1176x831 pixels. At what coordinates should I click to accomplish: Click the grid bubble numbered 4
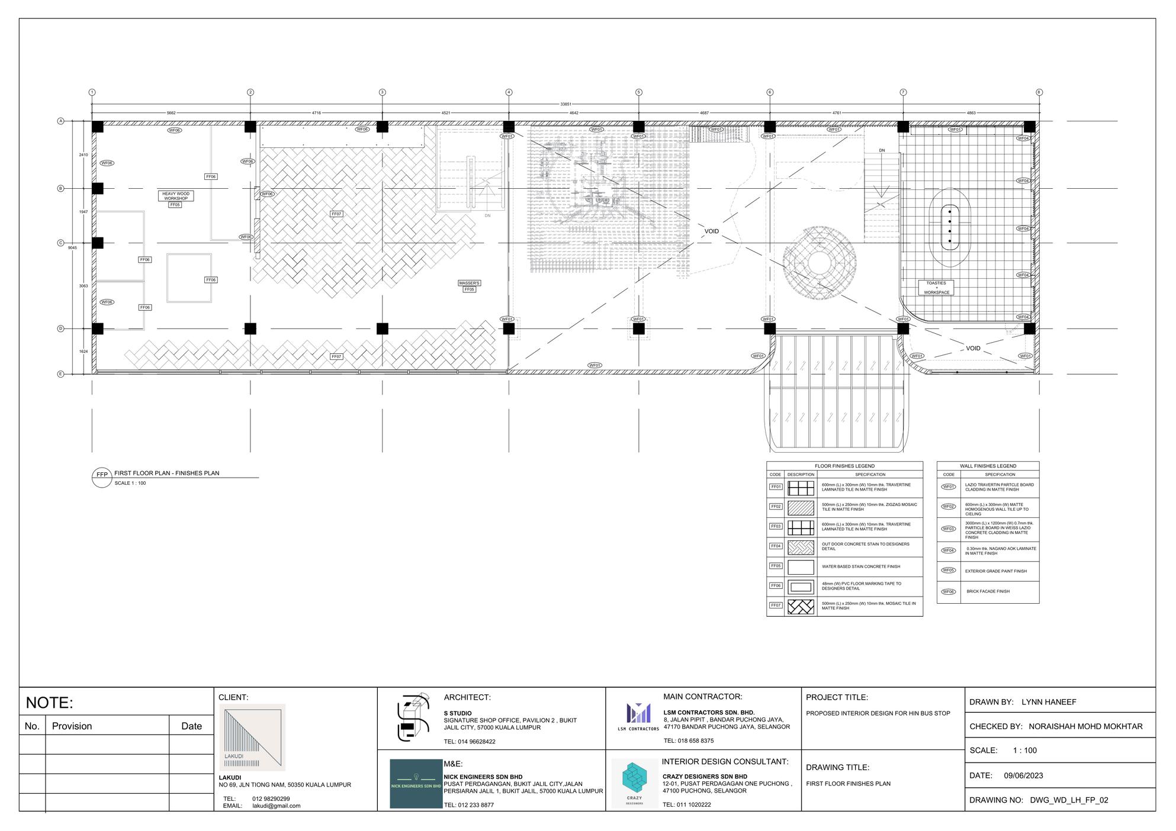click(509, 92)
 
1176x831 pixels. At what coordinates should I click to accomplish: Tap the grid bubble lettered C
click(60, 243)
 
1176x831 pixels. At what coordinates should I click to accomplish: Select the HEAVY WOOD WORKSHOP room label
click(176, 196)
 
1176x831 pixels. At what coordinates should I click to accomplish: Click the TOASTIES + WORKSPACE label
click(936, 288)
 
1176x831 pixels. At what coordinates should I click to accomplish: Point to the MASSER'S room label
click(469, 283)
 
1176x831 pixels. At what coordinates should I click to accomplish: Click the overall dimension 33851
click(565, 104)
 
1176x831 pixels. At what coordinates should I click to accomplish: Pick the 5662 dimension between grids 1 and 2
click(171, 112)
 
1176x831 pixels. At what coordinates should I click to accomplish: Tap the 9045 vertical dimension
click(72, 247)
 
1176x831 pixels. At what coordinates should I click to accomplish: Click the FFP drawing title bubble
click(102, 475)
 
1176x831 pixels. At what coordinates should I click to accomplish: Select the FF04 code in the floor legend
click(775, 546)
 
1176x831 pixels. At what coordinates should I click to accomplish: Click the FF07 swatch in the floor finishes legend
click(801, 607)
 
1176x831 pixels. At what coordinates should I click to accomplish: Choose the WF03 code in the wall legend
click(949, 529)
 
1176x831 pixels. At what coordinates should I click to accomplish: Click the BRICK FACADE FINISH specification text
click(988, 591)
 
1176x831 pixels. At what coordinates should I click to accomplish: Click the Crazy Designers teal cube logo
click(635, 780)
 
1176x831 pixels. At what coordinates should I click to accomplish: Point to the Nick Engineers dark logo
click(416, 784)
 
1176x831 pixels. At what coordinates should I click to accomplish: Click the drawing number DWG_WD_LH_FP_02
click(1069, 800)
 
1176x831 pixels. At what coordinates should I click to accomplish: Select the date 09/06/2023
click(1023, 775)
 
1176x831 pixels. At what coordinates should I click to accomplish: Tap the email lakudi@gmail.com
click(276, 806)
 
